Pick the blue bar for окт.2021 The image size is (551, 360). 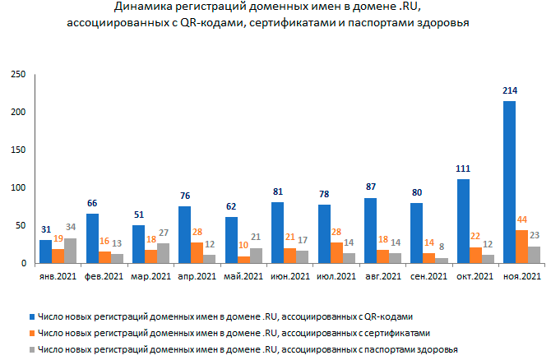462,221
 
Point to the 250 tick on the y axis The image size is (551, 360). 19,74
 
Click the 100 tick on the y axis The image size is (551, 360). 19,187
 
